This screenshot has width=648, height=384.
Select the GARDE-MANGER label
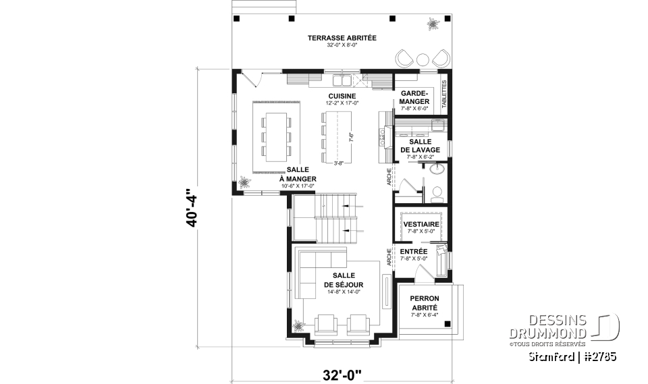tap(415, 97)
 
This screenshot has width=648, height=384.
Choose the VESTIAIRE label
tap(421, 224)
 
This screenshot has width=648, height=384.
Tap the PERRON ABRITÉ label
tap(425, 302)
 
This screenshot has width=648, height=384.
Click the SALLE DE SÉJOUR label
tap(348, 280)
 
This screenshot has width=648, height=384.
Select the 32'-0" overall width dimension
tap(343, 373)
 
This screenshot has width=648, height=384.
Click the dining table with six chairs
tap(275, 135)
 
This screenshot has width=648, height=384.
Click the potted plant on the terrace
tap(430, 26)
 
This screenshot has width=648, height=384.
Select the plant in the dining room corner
tap(244, 182)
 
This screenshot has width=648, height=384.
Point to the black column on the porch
tap(448, 325)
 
